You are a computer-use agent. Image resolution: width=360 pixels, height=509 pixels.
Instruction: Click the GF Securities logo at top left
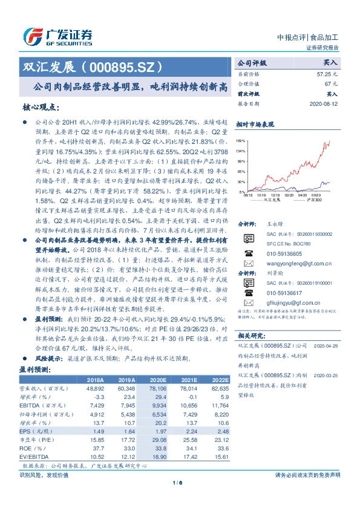[57, 36]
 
